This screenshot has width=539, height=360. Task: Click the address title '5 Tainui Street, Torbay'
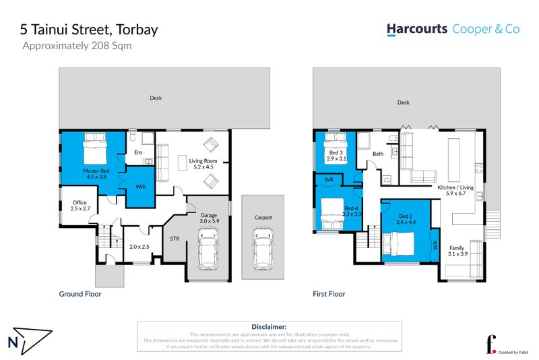click(x=90, y=30)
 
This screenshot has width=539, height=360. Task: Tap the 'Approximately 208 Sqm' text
click(x=77, y=47)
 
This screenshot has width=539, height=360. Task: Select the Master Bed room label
click(x=96, y=174)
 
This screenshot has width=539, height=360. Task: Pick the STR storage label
click(x=175, y=238)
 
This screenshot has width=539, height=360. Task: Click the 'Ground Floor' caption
click(x=80, y=294)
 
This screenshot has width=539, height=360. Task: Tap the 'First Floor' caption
click(x=329, y=294)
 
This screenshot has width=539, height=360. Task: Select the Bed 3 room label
click(x=335, y=156)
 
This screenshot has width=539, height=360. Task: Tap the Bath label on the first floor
click(x=377, y=154)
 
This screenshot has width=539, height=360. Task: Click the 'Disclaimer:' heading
click(x=269, y=326)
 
